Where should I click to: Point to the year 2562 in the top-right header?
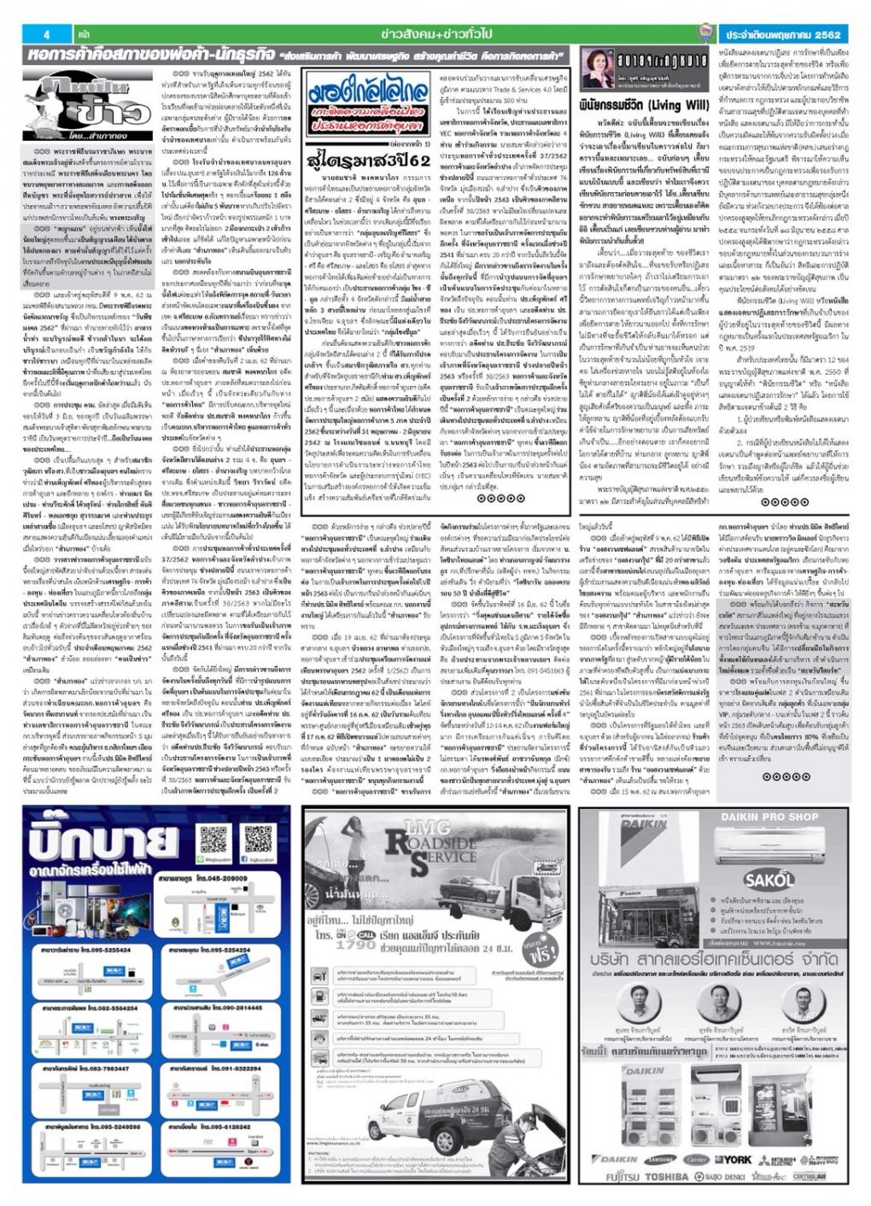click(826, 34)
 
